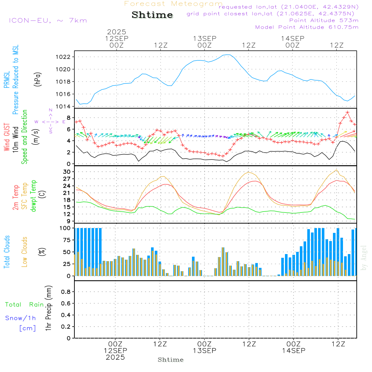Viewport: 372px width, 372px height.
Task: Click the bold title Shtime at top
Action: (x=153, y=15)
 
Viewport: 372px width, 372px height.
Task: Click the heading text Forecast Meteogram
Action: (x=173, y=4)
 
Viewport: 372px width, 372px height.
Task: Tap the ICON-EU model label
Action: (x=47, y=20)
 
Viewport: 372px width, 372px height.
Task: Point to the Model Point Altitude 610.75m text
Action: (x=307, y=27)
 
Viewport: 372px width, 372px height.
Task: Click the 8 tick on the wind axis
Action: (x=68, y=117)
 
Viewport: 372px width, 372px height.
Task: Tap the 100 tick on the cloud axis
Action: (x=65, y=228)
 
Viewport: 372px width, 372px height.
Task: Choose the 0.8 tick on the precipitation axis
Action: (x=66, y=292)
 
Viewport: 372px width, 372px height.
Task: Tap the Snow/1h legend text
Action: (x=21, y=318)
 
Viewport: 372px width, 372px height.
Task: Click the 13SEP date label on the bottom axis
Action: (x=204, y=351)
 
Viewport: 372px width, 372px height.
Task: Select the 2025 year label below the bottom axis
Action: (x=115, y=357)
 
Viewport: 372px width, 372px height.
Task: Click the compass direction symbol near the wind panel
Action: (x=50, y=121)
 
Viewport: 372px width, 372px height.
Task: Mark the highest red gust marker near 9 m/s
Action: (x=347, y=112)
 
